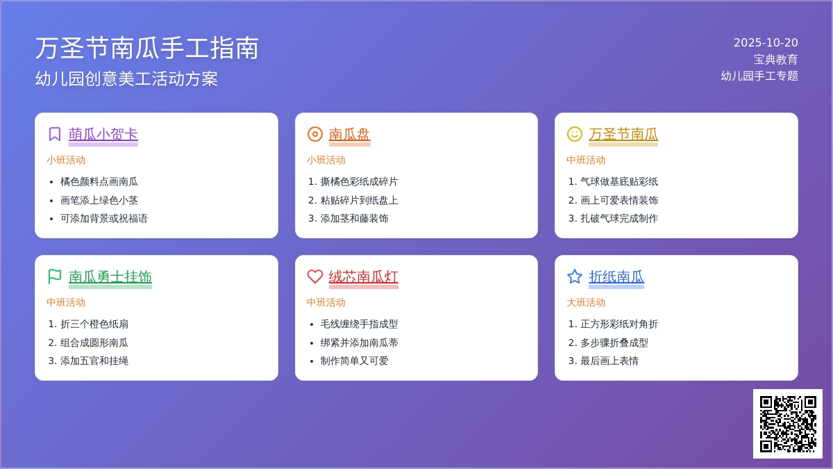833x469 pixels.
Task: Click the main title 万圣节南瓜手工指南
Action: (147, 49)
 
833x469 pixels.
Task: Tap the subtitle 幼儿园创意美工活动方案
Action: (126, 79)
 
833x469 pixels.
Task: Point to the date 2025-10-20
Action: (766, 43)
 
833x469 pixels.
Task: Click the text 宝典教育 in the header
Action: (776, 60)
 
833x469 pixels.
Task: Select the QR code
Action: (788, 424)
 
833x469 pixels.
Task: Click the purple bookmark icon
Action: (55, 134)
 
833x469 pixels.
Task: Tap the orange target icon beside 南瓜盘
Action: (315, 134)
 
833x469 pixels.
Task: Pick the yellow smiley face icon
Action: (575, 134)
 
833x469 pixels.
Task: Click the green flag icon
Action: (55, 277)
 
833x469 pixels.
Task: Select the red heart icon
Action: (315, 277)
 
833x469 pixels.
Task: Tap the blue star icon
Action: (575, 277)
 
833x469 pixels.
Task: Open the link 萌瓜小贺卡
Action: (103, 134)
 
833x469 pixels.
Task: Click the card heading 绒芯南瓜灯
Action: (363, 277)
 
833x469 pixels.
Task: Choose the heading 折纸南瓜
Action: (616, 277)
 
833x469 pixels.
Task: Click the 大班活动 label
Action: (586, 302)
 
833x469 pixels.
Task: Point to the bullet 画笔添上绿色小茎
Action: (99, 200)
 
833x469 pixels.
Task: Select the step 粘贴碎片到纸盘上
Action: (360, 200)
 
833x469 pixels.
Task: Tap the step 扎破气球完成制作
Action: (619, 218)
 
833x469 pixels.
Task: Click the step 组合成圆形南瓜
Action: (94, 343)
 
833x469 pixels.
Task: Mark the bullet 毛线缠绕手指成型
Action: (360, 324)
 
